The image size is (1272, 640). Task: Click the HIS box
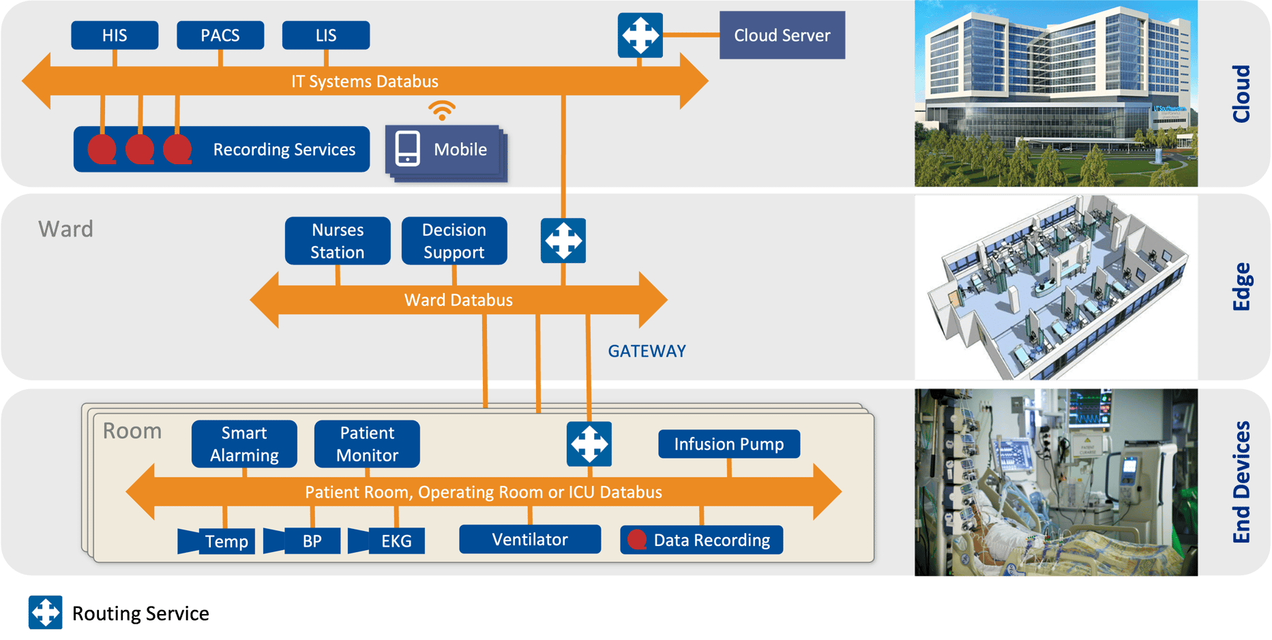pyautogui.click(x=115, y=35)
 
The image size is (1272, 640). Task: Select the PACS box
pyautogui.click(x=220, y=35)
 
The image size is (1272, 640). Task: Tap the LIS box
pyautogui.click(x=326, y=35)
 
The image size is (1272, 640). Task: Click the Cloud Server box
pyautogui.click(x=782, y=35)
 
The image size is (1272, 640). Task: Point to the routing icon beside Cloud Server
pyautogui.click(x=640, y=35)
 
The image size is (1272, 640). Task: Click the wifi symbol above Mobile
pyautogui.click(x=442, y=110)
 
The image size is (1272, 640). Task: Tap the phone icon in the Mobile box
pyautogui.click(x=408, y=149)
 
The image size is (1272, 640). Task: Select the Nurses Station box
pyautogui.click(x=338, y=241)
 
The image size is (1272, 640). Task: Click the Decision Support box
pyautogui.click(x=454, y=241)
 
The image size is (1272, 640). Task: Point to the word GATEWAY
pyautogui.click(x=647, y=351)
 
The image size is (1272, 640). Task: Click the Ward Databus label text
pyautogui.click(x=458, y=300)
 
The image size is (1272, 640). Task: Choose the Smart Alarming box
pyautogui.click(x=244, y=444)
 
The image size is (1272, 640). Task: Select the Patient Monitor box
pyautogui.click(x=367, y=444)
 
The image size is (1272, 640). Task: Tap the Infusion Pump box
pyautogui.click(x=729, y=444)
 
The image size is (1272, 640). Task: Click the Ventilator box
pyautogui.click(x=530, y=539)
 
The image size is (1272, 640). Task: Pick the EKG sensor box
pyautogui.click(x=396, y=541)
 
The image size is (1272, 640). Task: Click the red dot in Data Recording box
pyautogui.click(x=637, y=539)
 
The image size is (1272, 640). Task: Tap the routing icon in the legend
pyautogui.click(x=45, y=612)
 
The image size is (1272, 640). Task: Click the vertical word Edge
pyautogui.click(x=1241, y=286)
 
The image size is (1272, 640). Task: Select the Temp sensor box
pyautogui.click(x=226, y=541)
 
